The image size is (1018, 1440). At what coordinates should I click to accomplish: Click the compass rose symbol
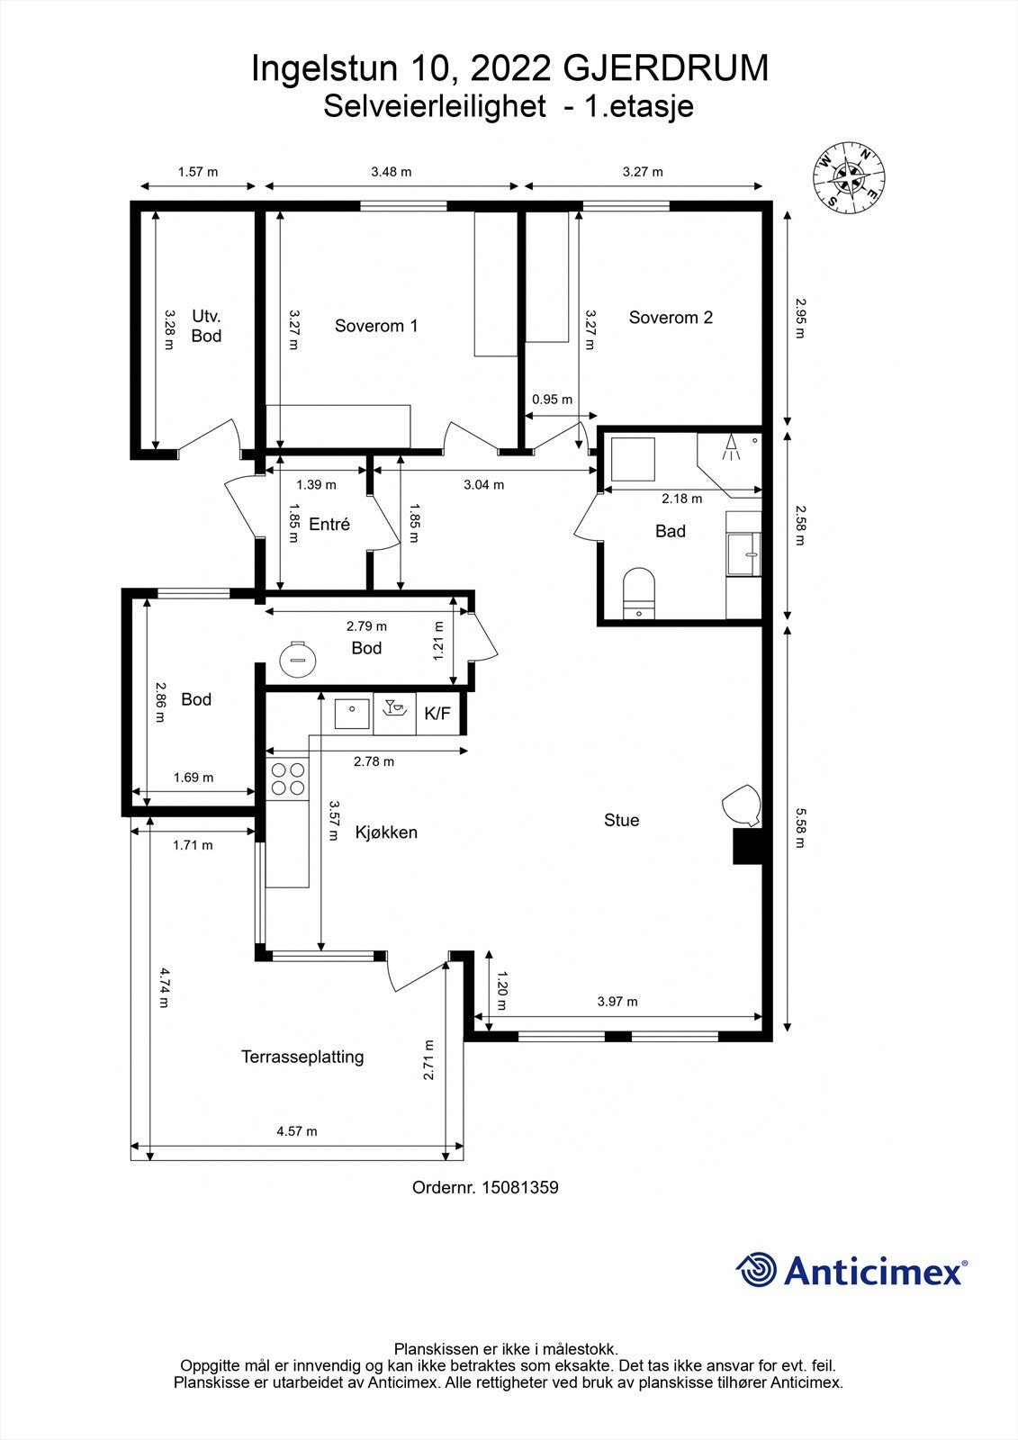tap(848, 176)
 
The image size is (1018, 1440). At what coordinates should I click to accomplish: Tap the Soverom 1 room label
tap(376, 326)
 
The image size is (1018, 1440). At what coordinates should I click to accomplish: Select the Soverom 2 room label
tap(671, 318)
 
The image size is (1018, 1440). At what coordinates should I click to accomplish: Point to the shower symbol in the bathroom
tap(731, 447)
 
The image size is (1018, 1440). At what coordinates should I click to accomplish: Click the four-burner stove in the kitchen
tap(288, 778)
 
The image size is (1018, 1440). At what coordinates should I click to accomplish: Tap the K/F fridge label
tap(437, 713)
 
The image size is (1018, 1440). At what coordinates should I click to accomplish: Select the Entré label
tap(329, 525)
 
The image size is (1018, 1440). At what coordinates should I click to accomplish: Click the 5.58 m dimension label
tap(800, 828)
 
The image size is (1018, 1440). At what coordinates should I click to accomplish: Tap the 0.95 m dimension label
tap(552, 400)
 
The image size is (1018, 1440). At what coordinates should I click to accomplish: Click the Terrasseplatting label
tap(302, 1057)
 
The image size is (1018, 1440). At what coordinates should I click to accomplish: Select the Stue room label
tap(621, 820)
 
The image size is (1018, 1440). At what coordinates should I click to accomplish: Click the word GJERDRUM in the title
tap(665, 68)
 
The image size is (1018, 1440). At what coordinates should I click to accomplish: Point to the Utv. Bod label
tap(206, 326)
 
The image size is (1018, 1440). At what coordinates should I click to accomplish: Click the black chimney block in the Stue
tap(747, 846)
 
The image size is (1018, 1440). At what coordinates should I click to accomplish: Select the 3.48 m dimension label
tap(391, 172)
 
